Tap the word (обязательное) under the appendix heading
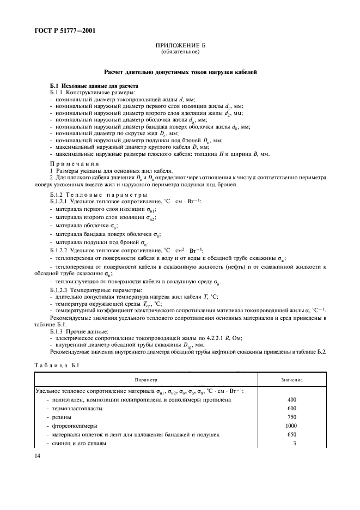(180, 53)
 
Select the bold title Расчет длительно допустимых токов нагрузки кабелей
(180, 72)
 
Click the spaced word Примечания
(74, 163)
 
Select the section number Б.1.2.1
(60, 201)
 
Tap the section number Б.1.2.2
(60, 250)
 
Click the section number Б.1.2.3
(60, 290)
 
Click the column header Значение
(292, 379)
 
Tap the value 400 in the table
(291, 400)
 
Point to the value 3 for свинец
(294, 444)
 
